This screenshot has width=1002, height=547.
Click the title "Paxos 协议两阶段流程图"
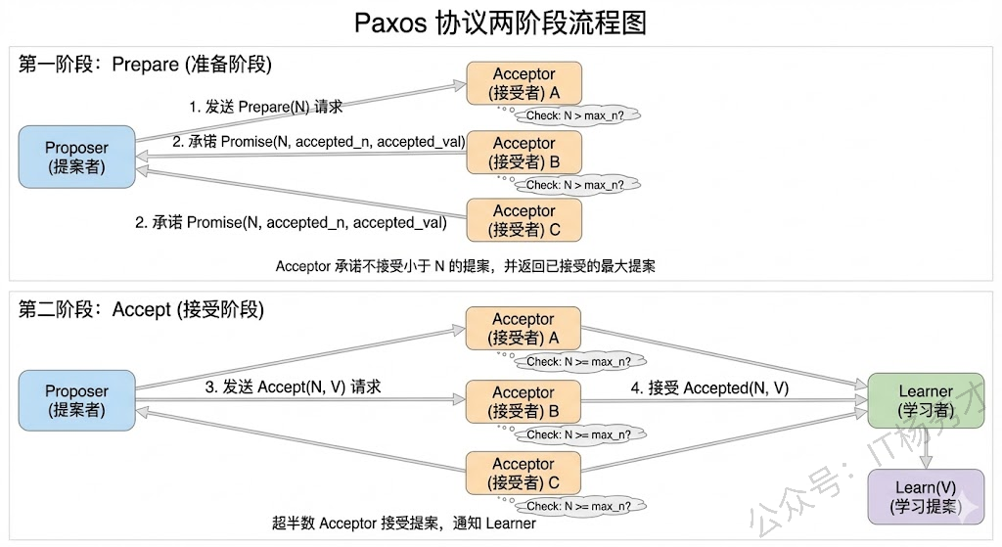[x=500, y=23]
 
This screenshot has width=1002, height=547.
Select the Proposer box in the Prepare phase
[x=76, y=157]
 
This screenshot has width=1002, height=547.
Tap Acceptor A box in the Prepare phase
[x=524, y=83]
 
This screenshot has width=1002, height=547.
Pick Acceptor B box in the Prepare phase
[x=524, y=152]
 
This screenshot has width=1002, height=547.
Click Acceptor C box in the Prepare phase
[x=524, y=219]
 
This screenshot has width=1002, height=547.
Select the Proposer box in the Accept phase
[x=76, y=400]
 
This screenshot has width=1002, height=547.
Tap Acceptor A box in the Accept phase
[x=524, y=328]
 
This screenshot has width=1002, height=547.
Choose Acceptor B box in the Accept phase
[x=524, y=401]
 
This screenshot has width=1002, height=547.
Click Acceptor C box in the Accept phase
[x=524, y=473]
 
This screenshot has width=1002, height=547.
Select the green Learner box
[x=925, y=400]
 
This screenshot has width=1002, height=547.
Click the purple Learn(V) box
[x=925, y=496]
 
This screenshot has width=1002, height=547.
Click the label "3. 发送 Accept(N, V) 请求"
[x=293, y=387]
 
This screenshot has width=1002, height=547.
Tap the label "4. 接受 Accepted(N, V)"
[x=709, y=388]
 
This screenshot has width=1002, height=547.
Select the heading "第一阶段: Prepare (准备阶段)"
[x=145, y=65]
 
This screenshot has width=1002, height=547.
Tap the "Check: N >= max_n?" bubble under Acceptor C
[x=578, y=506]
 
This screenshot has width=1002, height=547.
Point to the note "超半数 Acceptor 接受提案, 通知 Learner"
[x=404, y=523]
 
